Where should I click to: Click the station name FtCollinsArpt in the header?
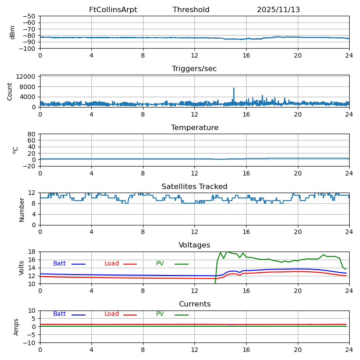pyautogui.click(x=113, y=10)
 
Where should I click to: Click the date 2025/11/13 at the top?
pyautogui.click(x=278, y=10)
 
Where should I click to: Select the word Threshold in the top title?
pyautogui.click(x=191, y=10)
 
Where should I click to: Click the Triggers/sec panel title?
pyautogui.click(x=194, y=69)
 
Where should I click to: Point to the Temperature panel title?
pyautogui.click(x=194, y=128)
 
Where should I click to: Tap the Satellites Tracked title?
pyautogui.click(x=194, y=187)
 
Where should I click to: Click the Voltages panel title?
pyautogui.click(x=194, y=245)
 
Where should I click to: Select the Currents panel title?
pyautogui.click(x=194, y=304)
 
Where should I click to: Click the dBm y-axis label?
pyautogui.click(x=13, y=32)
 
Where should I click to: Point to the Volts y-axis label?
pyautogui.click(x=22, y=268)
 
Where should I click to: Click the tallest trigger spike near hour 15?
pyautogui.click(x=234, y=89)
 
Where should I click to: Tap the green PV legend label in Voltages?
pyautogui.click(x=160, y=264)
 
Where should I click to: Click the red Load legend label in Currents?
pyautogui.click(x=112, y=314)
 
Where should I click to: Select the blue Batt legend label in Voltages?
pyautogui.click(x=59, y=264)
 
